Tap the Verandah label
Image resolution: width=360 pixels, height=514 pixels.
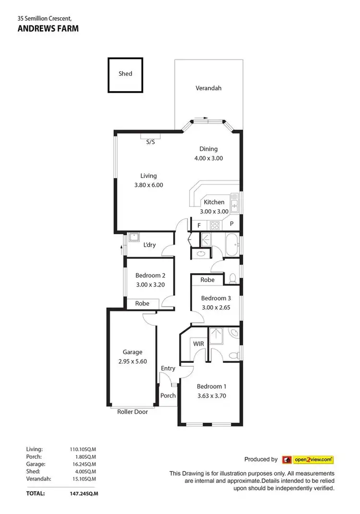point(208,88)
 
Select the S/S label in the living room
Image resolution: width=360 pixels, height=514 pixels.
point(151,142)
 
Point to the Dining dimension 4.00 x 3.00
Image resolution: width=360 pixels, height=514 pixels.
point(208,158)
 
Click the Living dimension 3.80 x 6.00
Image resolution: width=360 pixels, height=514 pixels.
point(148,185)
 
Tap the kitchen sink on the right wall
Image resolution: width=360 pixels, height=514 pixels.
point(234,203)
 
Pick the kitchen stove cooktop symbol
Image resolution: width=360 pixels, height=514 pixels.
point(214,224)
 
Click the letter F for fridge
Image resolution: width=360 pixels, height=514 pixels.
point(199,224)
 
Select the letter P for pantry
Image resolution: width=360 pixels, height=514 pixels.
point(231,224)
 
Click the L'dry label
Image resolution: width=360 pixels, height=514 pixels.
point(150,245)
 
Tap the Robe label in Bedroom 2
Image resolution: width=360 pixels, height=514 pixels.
point(142,303)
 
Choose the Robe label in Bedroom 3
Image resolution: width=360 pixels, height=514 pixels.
point(207,280)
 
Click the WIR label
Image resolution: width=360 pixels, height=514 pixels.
point(199,344)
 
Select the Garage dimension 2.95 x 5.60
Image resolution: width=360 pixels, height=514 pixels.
point(132,361)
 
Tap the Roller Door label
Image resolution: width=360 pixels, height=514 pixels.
point(132,412)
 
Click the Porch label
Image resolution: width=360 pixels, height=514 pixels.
point(168,396)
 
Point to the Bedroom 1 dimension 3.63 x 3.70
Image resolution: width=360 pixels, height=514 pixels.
point(211,396)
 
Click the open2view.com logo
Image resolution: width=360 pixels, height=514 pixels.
point(308,459)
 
